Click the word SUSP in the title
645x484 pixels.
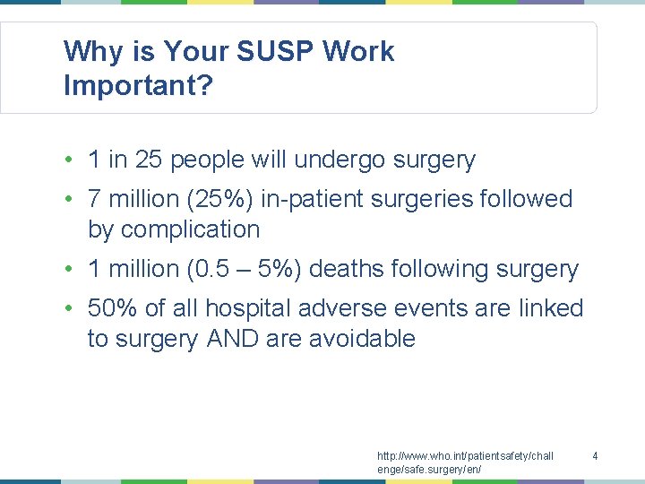[275, 52]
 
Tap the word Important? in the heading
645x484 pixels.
[138, 86]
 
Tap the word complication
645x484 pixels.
[190, 229]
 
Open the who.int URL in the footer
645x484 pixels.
[465, 462]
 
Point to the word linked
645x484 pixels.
[551, 308]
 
